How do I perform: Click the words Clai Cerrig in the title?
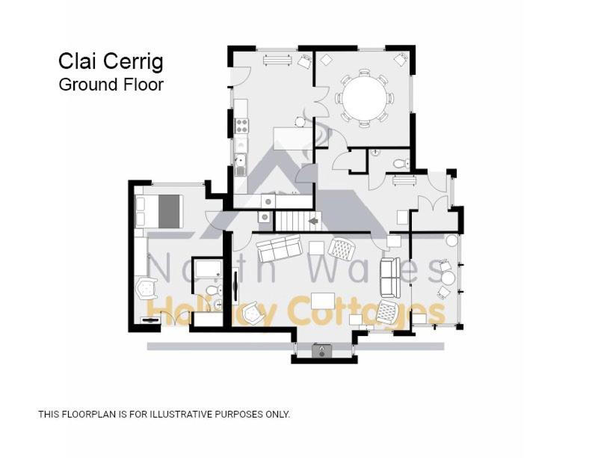pos(111,61)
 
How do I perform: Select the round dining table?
pos(365,97)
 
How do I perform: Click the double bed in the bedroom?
pos(158,211)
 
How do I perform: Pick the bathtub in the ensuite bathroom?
pos(208,269)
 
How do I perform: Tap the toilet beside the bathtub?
pos(214,290)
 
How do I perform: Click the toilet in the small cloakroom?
pos(401,164)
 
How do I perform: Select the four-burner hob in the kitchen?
pos(241,126)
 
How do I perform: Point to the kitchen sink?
pos(240,165)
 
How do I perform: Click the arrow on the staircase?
pos(313,221)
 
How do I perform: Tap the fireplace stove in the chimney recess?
pos(321,351)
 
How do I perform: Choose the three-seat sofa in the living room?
pos(280,248)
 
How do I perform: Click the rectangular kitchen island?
pos(293,138)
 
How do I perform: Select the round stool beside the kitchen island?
pos(300,122)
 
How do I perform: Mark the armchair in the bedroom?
pos(147,288)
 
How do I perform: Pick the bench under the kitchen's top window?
pos(277,60)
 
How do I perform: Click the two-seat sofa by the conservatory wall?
pos(390,278)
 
